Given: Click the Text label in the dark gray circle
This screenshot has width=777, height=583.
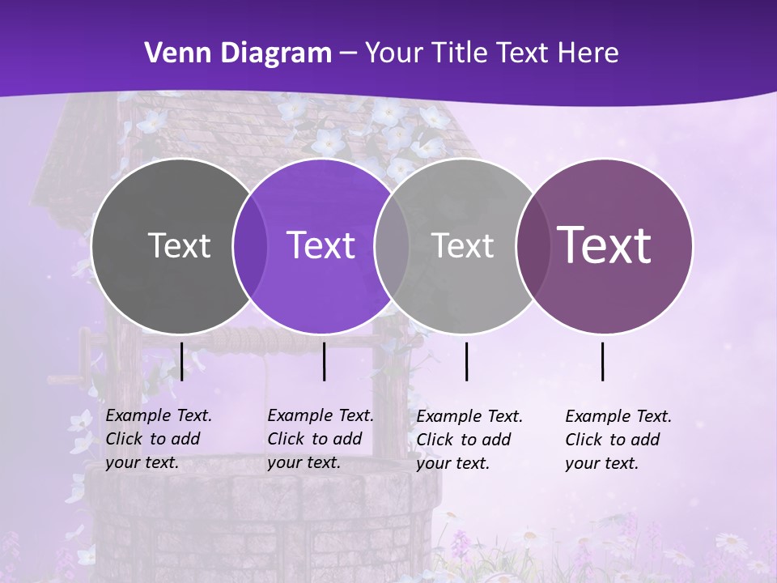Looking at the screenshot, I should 179,245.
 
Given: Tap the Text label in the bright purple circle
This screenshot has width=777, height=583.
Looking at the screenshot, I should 321,245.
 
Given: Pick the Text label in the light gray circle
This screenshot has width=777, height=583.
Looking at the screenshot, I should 462,245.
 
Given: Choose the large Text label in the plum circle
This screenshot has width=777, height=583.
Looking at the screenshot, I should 605,245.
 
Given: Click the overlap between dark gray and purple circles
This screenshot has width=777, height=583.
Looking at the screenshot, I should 250,246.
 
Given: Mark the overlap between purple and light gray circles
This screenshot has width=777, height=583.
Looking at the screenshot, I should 392,246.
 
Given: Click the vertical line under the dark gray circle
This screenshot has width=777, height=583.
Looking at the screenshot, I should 181,361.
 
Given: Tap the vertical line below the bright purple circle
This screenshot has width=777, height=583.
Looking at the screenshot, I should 324,361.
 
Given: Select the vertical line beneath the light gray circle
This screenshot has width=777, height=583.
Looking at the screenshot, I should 466,361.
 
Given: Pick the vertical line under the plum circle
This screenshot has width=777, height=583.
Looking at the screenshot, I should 603,361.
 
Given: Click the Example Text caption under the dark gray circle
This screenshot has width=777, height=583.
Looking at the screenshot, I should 158,439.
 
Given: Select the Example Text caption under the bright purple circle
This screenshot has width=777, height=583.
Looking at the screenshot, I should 320,439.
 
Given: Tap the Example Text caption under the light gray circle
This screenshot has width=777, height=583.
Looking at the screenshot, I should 469,440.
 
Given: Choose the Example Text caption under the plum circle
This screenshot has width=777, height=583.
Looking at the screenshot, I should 618,440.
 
